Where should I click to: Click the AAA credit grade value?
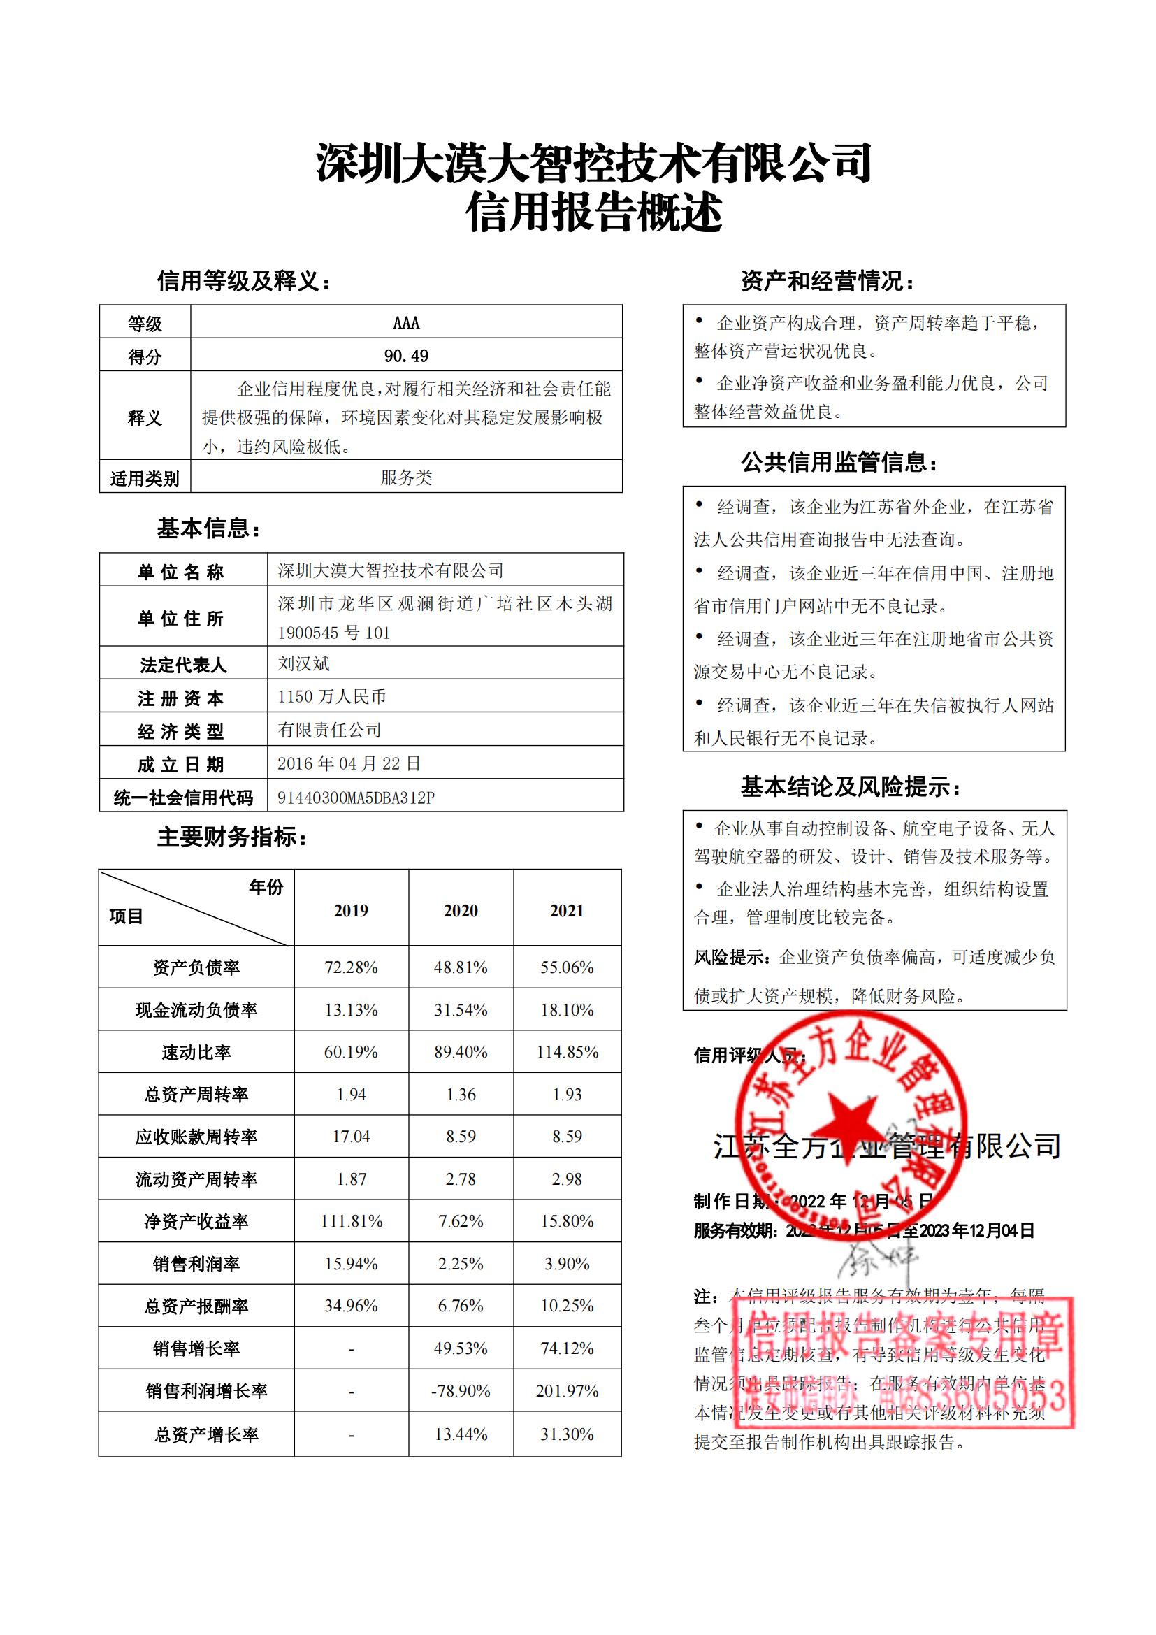406,322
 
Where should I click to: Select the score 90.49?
406,355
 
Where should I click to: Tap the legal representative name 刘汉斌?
303,663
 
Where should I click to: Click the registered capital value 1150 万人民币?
332,696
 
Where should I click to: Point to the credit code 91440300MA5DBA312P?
356,798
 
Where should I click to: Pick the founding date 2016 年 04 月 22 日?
349,763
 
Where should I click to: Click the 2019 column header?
351,910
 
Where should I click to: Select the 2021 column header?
567,910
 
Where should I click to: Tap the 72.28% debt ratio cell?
351,967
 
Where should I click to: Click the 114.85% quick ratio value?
568,1052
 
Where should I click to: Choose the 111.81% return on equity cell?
351,1221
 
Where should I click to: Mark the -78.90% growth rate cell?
461,1391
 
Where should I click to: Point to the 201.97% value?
568,1391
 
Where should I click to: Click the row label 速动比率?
196,1053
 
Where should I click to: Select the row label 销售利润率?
196,1264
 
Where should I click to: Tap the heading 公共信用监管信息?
839,462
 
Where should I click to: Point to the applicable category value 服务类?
406,477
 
